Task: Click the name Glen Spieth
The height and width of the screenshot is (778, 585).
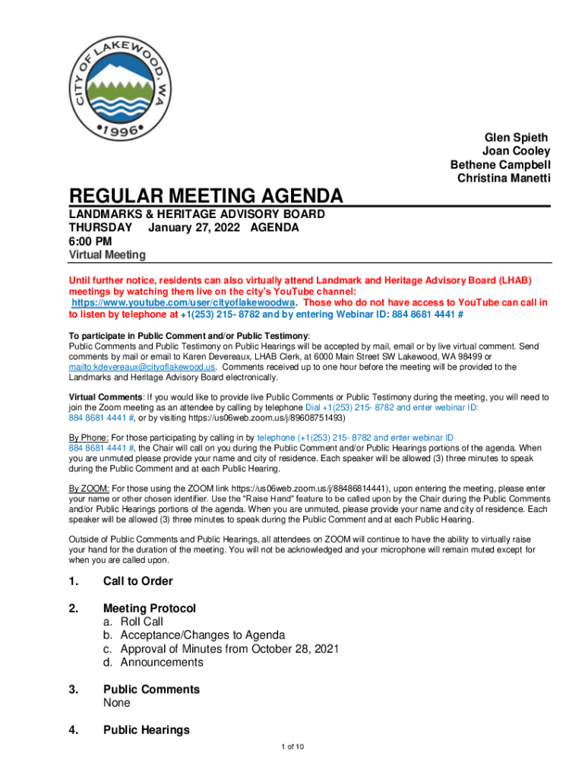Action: tap(516, 138)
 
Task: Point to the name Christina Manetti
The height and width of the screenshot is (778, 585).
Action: tap(504, 179)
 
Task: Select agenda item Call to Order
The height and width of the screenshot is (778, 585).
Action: tap(138, 581)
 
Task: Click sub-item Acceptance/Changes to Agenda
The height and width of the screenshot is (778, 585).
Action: tap(194, 635)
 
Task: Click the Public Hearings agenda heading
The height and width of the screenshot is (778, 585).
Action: tap(147, 730)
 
